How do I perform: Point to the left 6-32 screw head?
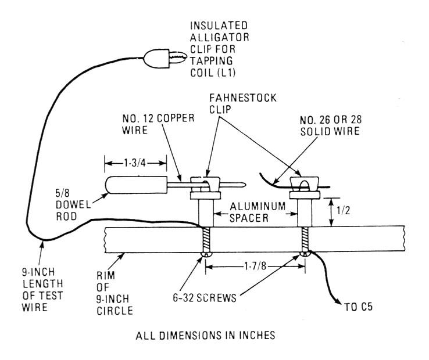pyautogui.click(x=204, y=254)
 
